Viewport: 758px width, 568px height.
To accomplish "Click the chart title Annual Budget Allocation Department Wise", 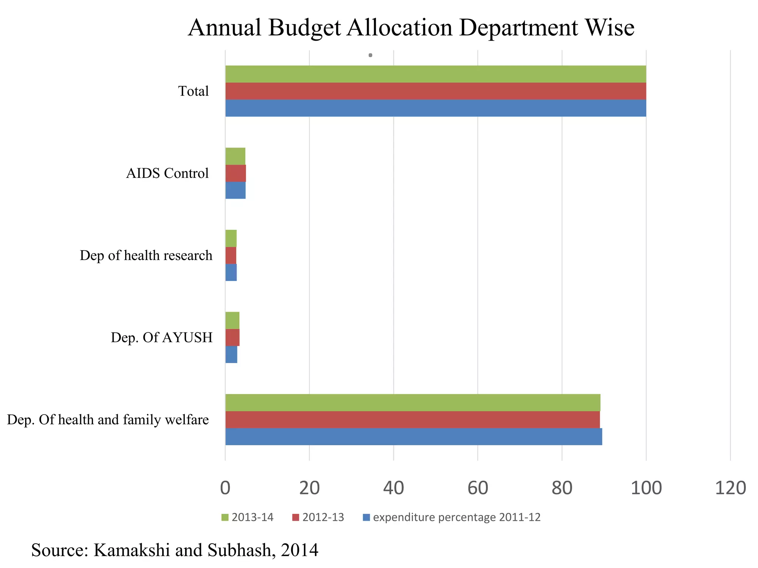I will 411,28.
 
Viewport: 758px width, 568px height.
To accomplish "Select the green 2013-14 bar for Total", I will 436,74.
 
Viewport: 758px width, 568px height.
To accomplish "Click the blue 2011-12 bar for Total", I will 436,108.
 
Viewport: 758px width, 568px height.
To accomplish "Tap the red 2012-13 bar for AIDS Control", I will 236,173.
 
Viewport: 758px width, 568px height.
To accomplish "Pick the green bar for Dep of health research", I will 231,238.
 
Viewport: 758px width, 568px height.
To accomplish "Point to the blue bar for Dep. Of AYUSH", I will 231,354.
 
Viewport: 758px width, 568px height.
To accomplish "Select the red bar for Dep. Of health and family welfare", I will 412,419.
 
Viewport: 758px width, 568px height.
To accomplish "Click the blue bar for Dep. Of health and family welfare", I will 413,436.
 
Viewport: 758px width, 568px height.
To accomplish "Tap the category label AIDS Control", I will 167,173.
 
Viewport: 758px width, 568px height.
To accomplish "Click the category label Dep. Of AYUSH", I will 161,337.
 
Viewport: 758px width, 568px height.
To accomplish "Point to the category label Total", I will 193,91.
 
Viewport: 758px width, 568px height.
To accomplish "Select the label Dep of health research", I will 146,255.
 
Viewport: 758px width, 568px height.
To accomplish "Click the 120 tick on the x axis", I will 730,488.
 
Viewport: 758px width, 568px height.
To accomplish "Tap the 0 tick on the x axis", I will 225,488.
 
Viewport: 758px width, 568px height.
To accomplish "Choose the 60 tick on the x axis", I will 477,488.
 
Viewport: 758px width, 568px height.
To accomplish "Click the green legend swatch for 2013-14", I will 225,517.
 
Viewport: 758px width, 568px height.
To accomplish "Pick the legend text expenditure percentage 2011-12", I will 456,517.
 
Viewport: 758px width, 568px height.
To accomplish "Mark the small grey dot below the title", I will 370,55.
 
